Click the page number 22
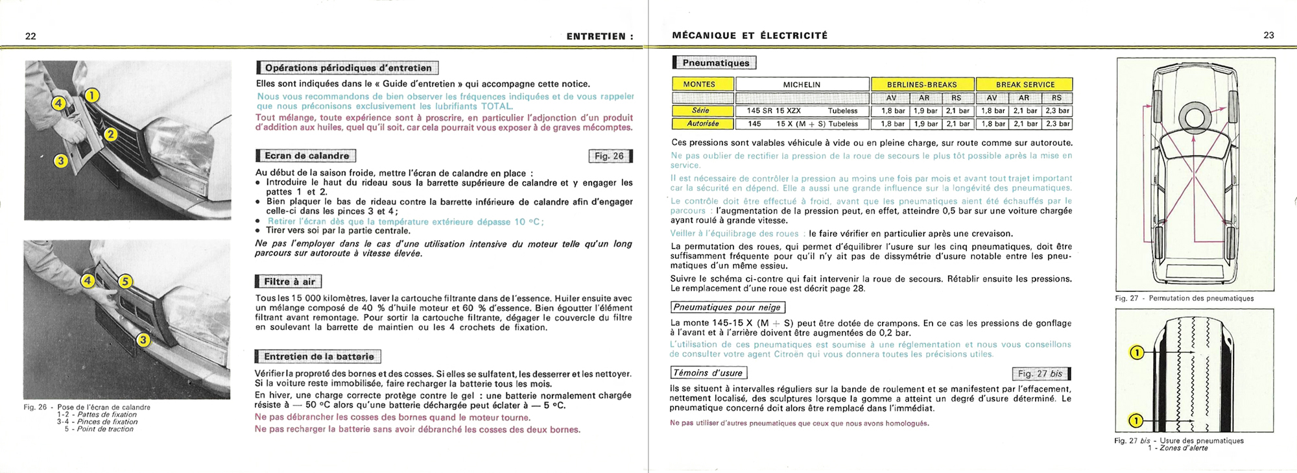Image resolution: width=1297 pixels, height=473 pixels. click(30, 36)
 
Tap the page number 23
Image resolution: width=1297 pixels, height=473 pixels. click(1268, 36)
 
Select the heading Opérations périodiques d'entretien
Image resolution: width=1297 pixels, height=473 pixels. click(348, 68)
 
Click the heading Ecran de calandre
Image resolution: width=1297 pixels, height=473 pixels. click(307, 156)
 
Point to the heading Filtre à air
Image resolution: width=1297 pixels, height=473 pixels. click(289, 282)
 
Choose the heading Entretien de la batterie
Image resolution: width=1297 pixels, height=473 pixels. click(318, 356)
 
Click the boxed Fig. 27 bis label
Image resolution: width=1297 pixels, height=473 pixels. click(1040, 374)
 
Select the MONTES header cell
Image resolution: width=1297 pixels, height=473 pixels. click(703, 84)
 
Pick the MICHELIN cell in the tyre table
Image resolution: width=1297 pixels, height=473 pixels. click(802, 84)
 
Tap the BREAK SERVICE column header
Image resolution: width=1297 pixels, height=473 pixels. click(1025, 84)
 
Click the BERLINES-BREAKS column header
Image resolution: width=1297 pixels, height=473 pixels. click(922, 84)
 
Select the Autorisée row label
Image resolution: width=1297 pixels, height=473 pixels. click(703, 124)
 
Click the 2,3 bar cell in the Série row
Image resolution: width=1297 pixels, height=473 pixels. click(1057, 111)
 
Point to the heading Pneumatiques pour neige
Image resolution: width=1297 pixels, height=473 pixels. click(727, 308)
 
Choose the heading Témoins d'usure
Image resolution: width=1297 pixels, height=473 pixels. click(708, 373)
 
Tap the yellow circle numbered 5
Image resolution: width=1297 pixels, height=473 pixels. click(125, 282)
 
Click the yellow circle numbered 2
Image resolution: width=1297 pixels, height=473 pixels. click(111, 134)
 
